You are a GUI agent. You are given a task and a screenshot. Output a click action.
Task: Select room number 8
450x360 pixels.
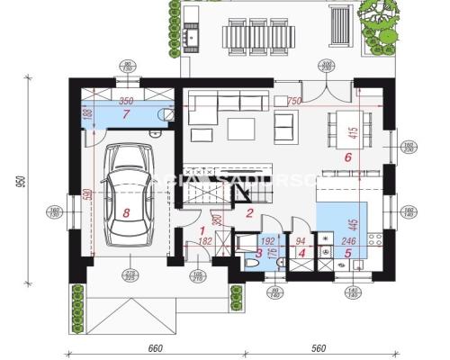pos(127,213)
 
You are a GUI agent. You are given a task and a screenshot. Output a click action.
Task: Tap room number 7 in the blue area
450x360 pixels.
pos(127,115)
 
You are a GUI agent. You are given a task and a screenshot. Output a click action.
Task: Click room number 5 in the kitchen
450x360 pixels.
pos(347,253)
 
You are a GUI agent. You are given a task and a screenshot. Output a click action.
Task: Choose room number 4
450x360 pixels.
pos(301,253)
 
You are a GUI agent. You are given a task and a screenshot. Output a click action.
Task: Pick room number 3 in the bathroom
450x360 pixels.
pos(258,253)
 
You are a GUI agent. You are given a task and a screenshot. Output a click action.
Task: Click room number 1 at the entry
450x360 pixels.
pos(203,230)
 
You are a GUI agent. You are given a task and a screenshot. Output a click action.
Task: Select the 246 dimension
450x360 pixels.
pos(348,241)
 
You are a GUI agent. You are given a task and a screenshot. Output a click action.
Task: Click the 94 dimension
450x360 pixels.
pos(302,241)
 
